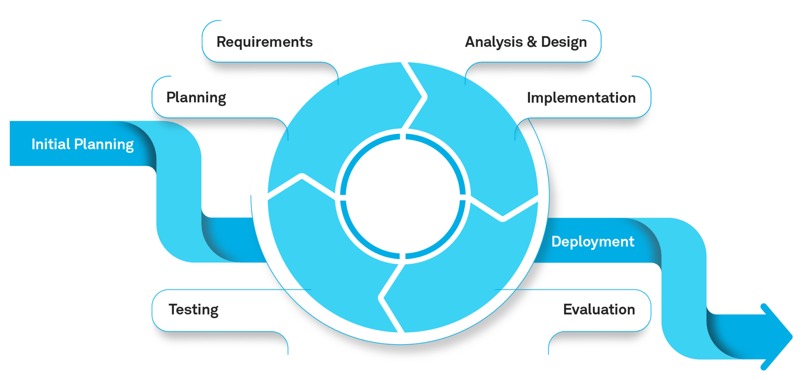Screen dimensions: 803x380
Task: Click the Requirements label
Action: (x=265, y=42)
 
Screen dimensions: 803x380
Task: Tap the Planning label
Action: (x=196, y=98)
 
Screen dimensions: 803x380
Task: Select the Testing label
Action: (x=193, y=310)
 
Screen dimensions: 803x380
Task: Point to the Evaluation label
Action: (x=599, y=309)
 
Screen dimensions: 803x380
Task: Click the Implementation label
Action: (x=581, y=98)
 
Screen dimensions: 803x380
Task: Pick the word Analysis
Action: (x=494, y=42)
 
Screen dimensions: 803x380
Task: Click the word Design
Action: (x=564, y=42)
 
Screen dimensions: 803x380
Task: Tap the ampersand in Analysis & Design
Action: (x=532, y=42)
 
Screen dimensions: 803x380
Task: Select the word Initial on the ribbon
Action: (x=51, y=144)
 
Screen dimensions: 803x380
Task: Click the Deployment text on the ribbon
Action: (x=593, y=242)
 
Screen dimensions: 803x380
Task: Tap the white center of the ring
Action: (x=403, y=196)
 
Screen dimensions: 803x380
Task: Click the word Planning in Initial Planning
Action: (x=104, y=145)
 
